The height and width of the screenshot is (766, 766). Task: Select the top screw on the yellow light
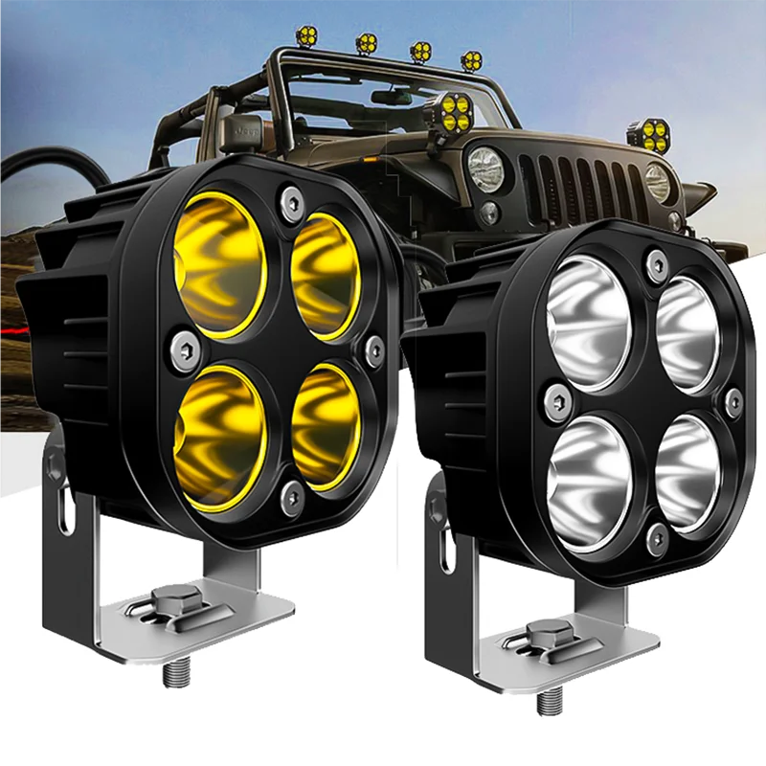[290, 199]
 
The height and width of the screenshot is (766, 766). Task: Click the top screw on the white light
[657, 262]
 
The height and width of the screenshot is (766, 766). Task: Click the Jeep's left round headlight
[485, 169]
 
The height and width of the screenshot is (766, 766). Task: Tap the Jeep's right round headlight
[658, 181]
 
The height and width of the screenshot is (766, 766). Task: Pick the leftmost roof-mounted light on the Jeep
[308, 37]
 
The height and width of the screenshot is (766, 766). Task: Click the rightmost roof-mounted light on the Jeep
[470, 61]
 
